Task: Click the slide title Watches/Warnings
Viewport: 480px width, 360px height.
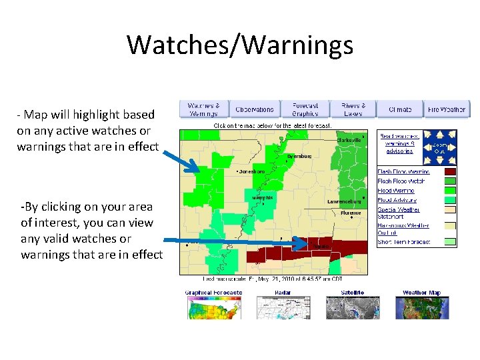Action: click(240, 45)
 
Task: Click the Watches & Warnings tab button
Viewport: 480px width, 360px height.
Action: click(203, 109)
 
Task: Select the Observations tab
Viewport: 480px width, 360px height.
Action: click(254, 109)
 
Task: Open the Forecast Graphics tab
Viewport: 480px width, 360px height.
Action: click(305, 109)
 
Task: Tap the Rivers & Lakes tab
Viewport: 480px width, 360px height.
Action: click(353, 109)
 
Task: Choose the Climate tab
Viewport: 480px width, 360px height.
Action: click(400, 109)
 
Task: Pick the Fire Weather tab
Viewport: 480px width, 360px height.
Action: click(446, 109)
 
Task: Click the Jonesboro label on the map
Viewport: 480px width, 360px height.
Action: click(252, 171)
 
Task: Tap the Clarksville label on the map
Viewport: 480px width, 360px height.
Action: click(349, 140)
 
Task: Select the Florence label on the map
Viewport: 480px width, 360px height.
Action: click(351, 213)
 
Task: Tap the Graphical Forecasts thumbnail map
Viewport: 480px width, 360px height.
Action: click(213, 307)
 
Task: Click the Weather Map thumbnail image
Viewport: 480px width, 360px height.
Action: click(421, 307)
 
